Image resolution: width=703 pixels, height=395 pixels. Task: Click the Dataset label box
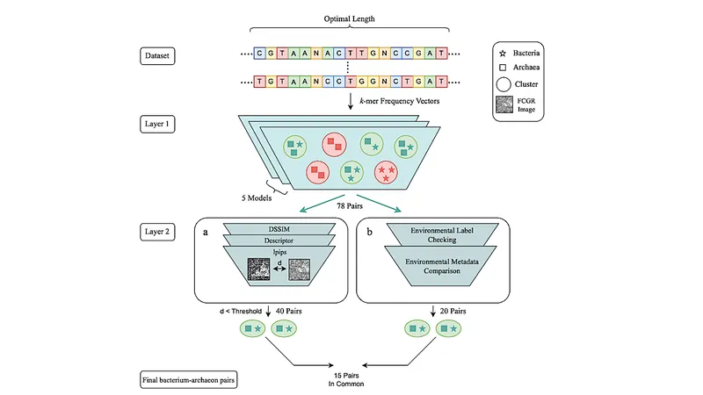tap(157, 56)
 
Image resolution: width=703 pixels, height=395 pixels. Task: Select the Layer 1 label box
tap(157, 124)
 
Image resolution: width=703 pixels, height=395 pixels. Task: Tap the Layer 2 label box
tap(157, 232)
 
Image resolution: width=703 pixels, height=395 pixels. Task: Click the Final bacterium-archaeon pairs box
tap(188, 380)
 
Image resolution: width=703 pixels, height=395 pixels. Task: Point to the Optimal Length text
tap(349, 18)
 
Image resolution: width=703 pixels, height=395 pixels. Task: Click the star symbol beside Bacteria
tap(503, 54)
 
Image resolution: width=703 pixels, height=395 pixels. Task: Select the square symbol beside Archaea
tap(503, 68)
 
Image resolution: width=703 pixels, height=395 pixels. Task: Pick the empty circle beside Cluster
tap(504, 84)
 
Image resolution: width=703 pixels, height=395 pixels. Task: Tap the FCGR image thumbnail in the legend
tap(504, 104)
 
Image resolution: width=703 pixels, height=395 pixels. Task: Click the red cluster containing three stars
tap(386, 172)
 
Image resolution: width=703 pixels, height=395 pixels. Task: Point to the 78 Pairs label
tap(350, 206)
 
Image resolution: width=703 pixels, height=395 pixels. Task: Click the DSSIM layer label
tap(279, 229)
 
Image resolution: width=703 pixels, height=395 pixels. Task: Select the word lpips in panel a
tap(279, 252)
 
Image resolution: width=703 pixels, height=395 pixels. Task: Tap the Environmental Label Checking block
tap(442, 234)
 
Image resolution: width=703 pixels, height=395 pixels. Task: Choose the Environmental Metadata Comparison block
tap(442, 266)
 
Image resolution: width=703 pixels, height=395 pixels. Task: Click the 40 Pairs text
tap(289, 311)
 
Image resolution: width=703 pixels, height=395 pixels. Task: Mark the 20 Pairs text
tap(453, 311)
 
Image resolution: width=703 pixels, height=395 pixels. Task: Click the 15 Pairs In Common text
tap(346, 380)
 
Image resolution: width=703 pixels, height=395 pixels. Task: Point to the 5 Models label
tap(257, 198)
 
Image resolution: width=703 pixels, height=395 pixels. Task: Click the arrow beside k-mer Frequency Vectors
tap(351, 101)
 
